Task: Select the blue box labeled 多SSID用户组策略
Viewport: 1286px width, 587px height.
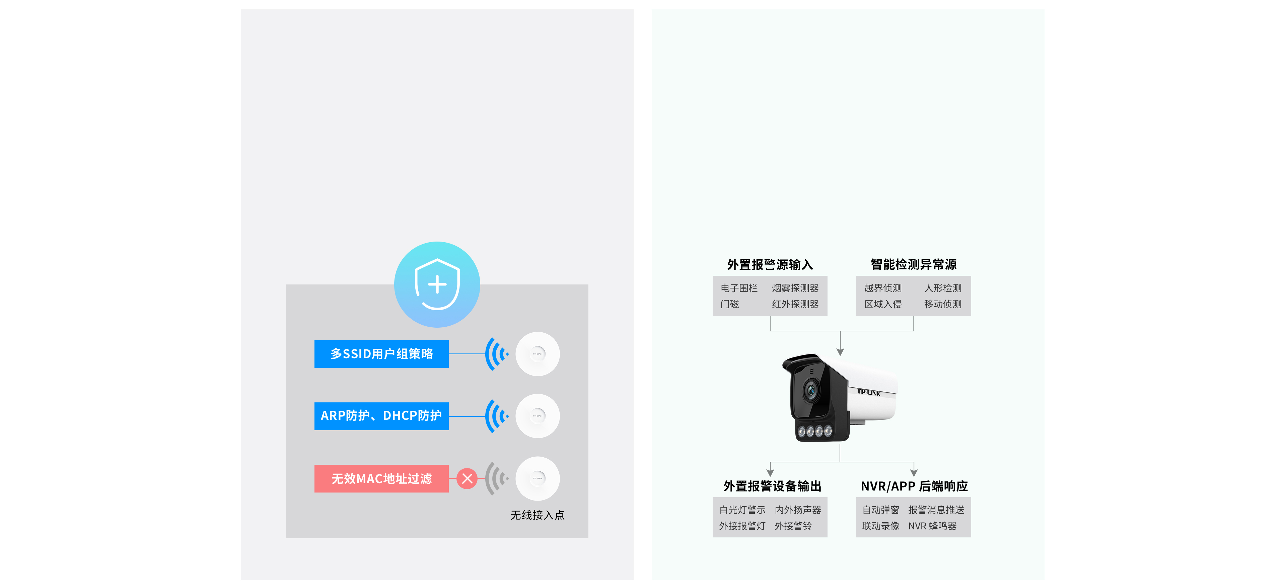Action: coord(381,354)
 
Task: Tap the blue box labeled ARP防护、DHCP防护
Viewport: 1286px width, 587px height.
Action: coord(381,416)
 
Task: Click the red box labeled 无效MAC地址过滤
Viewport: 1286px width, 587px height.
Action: coord(381,478)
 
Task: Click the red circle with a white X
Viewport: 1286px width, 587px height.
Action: coord(467,478)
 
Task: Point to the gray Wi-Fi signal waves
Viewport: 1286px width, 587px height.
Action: coord(496,478)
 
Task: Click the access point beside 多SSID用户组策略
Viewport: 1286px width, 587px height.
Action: coord(538,354)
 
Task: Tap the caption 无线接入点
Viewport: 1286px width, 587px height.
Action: coord(537,515)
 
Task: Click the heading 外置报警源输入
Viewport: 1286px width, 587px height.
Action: coord(770,265)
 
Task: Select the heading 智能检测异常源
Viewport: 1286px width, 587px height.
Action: coord(914,264)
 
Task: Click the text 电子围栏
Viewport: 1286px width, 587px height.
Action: coord(739,288)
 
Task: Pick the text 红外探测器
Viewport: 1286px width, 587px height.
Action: coord(795,304)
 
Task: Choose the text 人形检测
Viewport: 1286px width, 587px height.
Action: coord(942,288)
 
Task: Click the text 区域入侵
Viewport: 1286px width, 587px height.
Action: coord(883,304)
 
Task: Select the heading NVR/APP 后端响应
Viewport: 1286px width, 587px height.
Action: coord(914,486)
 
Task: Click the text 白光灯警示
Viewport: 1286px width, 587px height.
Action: coord(742,510)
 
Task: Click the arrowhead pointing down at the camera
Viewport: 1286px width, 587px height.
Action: coord(840,352)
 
